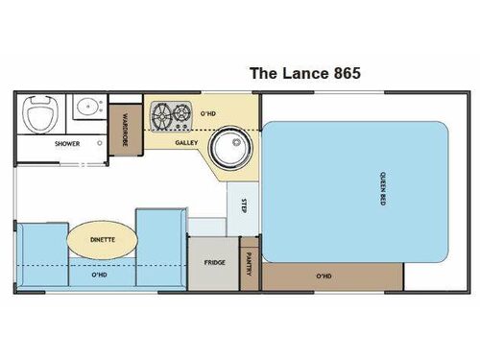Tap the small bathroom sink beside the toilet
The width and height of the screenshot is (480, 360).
[85, 107]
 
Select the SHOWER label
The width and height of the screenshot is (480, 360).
[67, 144]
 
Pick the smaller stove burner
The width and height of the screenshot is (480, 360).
[158, 110]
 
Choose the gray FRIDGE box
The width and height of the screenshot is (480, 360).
[213, 261]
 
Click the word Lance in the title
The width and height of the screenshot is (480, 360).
[299, 72]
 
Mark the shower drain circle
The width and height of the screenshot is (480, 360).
[101, 144]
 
